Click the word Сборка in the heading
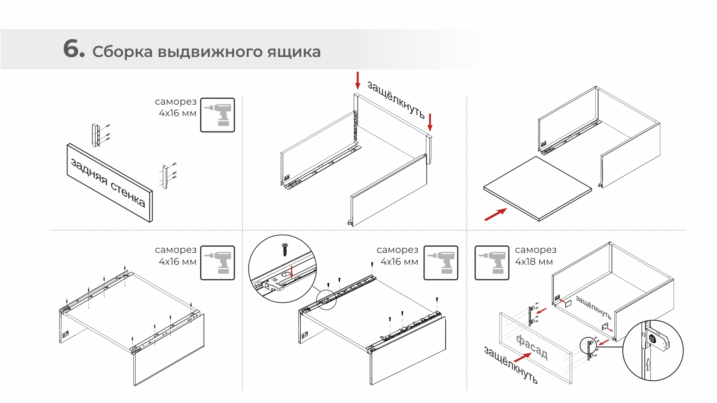pos(122,52)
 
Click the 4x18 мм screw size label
pos(534,262)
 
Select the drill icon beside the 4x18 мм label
pos(492,263)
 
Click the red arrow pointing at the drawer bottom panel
pos(495,215)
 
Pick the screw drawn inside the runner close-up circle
pos(285,249)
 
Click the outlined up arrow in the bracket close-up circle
pos(648,364)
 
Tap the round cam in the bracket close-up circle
pos(652,339)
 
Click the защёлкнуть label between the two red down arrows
pos(396,99)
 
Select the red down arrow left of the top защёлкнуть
pos(358,81)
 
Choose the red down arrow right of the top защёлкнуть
pos(430,122)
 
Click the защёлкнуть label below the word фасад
pos(511,365)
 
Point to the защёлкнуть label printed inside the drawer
pos(593,307)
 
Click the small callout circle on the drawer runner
pos(326,299)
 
